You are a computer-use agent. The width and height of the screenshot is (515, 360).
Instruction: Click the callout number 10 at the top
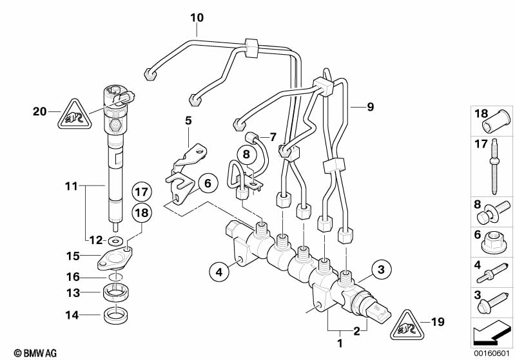click(197, 17)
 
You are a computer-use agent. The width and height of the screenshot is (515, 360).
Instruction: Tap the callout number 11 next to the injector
click(71, 186)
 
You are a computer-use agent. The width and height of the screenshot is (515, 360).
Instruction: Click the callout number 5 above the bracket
click(188, 120)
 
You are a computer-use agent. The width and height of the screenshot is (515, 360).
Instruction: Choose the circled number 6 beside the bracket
click(207, 184)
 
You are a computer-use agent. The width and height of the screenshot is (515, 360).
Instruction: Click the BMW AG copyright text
click(23, 353)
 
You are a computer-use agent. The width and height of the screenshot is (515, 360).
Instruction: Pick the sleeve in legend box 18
click(498, 120)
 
